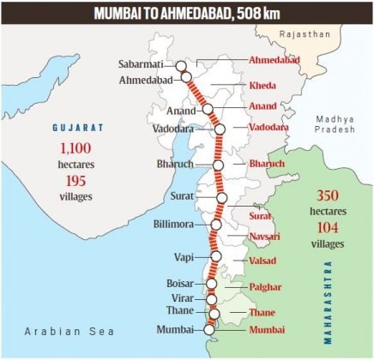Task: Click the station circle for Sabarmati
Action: (181, 64)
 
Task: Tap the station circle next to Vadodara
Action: (220, 129)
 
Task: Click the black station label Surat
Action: (182, 196)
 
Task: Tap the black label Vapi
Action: (187, 256)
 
